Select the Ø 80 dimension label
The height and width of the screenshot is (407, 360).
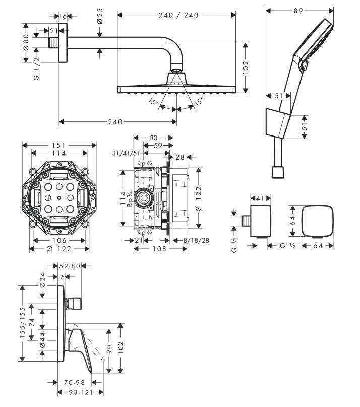[x=26, y=43]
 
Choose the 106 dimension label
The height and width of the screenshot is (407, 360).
[x=58, y=240]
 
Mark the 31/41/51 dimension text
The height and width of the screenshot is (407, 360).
[x=127, y=153]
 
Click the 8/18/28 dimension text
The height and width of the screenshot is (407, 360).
[x=197, y=240]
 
